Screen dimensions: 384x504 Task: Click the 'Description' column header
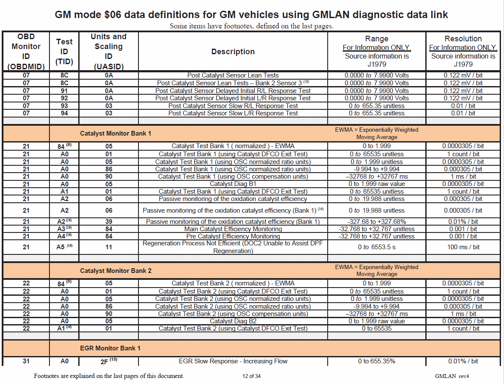pyautogui.click(x=233, y=52)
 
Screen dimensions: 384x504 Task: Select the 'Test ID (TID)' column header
pyautogui.click(x=65, y=52)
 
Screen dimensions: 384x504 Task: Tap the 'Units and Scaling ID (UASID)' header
pyautogui.click(x=108, y=52)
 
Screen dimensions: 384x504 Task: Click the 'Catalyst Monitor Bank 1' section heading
pyautogui.click(x=116, y=133)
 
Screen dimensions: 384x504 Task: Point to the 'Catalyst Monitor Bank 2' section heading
pyautogui.click(x=116, y=271)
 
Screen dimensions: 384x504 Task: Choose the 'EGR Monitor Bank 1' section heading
pyautogui.click(x=110, y=348)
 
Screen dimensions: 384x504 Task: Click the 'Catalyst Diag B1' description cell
pyautogui.click(x=233, y=184)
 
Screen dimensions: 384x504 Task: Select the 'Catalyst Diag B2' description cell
pyautogui.click(x=233, y=321)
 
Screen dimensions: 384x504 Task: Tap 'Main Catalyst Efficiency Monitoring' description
pyautogui.click(x=233, y=229)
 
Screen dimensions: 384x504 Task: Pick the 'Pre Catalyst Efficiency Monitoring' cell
pyautogui.click(x=233, y=236)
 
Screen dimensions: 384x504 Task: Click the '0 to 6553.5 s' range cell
pyautogui.click(x=376, y=247)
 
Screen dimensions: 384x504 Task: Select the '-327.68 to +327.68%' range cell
pyautogui.click(x=376, y=222)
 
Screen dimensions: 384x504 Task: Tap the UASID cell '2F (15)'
pyautogui.click(x=108, y=361)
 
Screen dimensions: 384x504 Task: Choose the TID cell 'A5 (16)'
pyautogui.click(x=65, y=247)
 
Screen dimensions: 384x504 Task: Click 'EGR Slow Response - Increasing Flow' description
pyautogui.click(x=233, y=361)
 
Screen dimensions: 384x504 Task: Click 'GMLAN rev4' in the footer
pyautogui.click(x=452, y=376)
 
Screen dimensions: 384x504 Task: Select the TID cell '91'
pyautogui.click(x=65, y=91)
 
